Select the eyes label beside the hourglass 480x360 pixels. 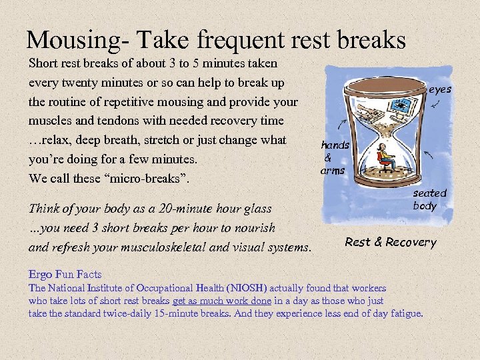pos(440,89)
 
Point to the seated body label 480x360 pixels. pos(428,199)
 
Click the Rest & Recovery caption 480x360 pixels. pos(390,242)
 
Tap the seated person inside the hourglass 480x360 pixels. pos(385,157)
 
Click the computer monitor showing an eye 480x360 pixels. pos(401,105)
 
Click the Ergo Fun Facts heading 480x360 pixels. pos(65,274)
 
